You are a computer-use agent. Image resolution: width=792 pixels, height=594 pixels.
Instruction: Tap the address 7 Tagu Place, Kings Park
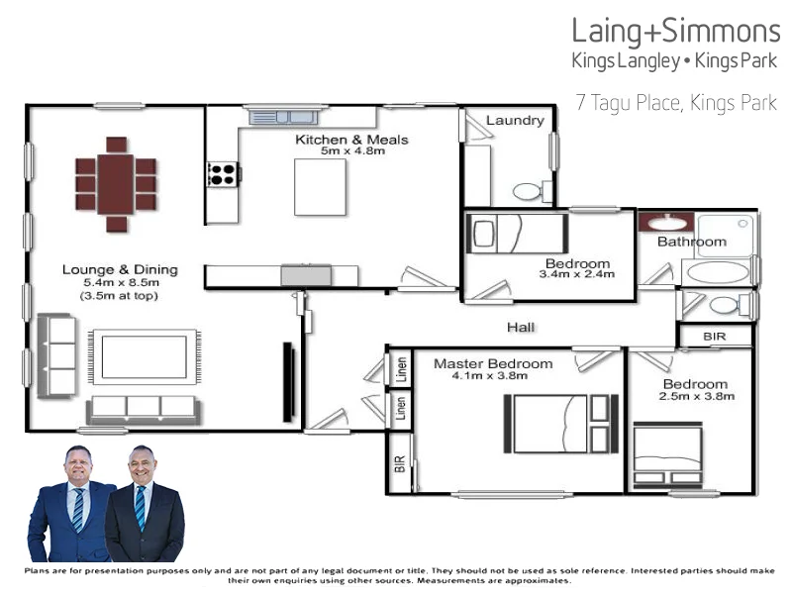(x=676, y=103)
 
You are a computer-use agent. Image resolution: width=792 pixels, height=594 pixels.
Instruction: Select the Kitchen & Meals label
(x=351, y=140)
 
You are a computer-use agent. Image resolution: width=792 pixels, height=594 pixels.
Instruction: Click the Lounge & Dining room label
(x=120, y=269)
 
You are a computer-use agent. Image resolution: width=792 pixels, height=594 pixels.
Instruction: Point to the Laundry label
(x=515, y=121)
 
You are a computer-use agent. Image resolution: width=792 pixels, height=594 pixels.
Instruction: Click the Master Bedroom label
(x=493, y=363)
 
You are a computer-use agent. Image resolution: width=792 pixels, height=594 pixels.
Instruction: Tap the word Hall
(x=522, y=327)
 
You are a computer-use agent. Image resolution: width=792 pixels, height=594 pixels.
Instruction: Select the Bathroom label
(x=692, y=242)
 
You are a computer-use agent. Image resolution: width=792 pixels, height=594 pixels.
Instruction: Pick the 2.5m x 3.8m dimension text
(x=698, y=396)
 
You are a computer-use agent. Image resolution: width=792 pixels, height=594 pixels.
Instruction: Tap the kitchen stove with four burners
(x=222, y=175)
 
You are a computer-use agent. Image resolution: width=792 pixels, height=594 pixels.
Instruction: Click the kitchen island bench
(x=320, y=186)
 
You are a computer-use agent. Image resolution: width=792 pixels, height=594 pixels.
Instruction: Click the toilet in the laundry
(x=528, y=190)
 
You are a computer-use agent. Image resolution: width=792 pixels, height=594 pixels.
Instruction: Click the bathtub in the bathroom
(x=716, y=271)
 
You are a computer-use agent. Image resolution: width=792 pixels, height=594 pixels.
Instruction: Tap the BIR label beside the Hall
(x=714, y=338)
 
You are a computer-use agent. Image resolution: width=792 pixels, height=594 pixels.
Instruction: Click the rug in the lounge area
(x=145, y=357)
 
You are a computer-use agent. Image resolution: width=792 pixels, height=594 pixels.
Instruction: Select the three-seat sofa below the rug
(x=145, y=407)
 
